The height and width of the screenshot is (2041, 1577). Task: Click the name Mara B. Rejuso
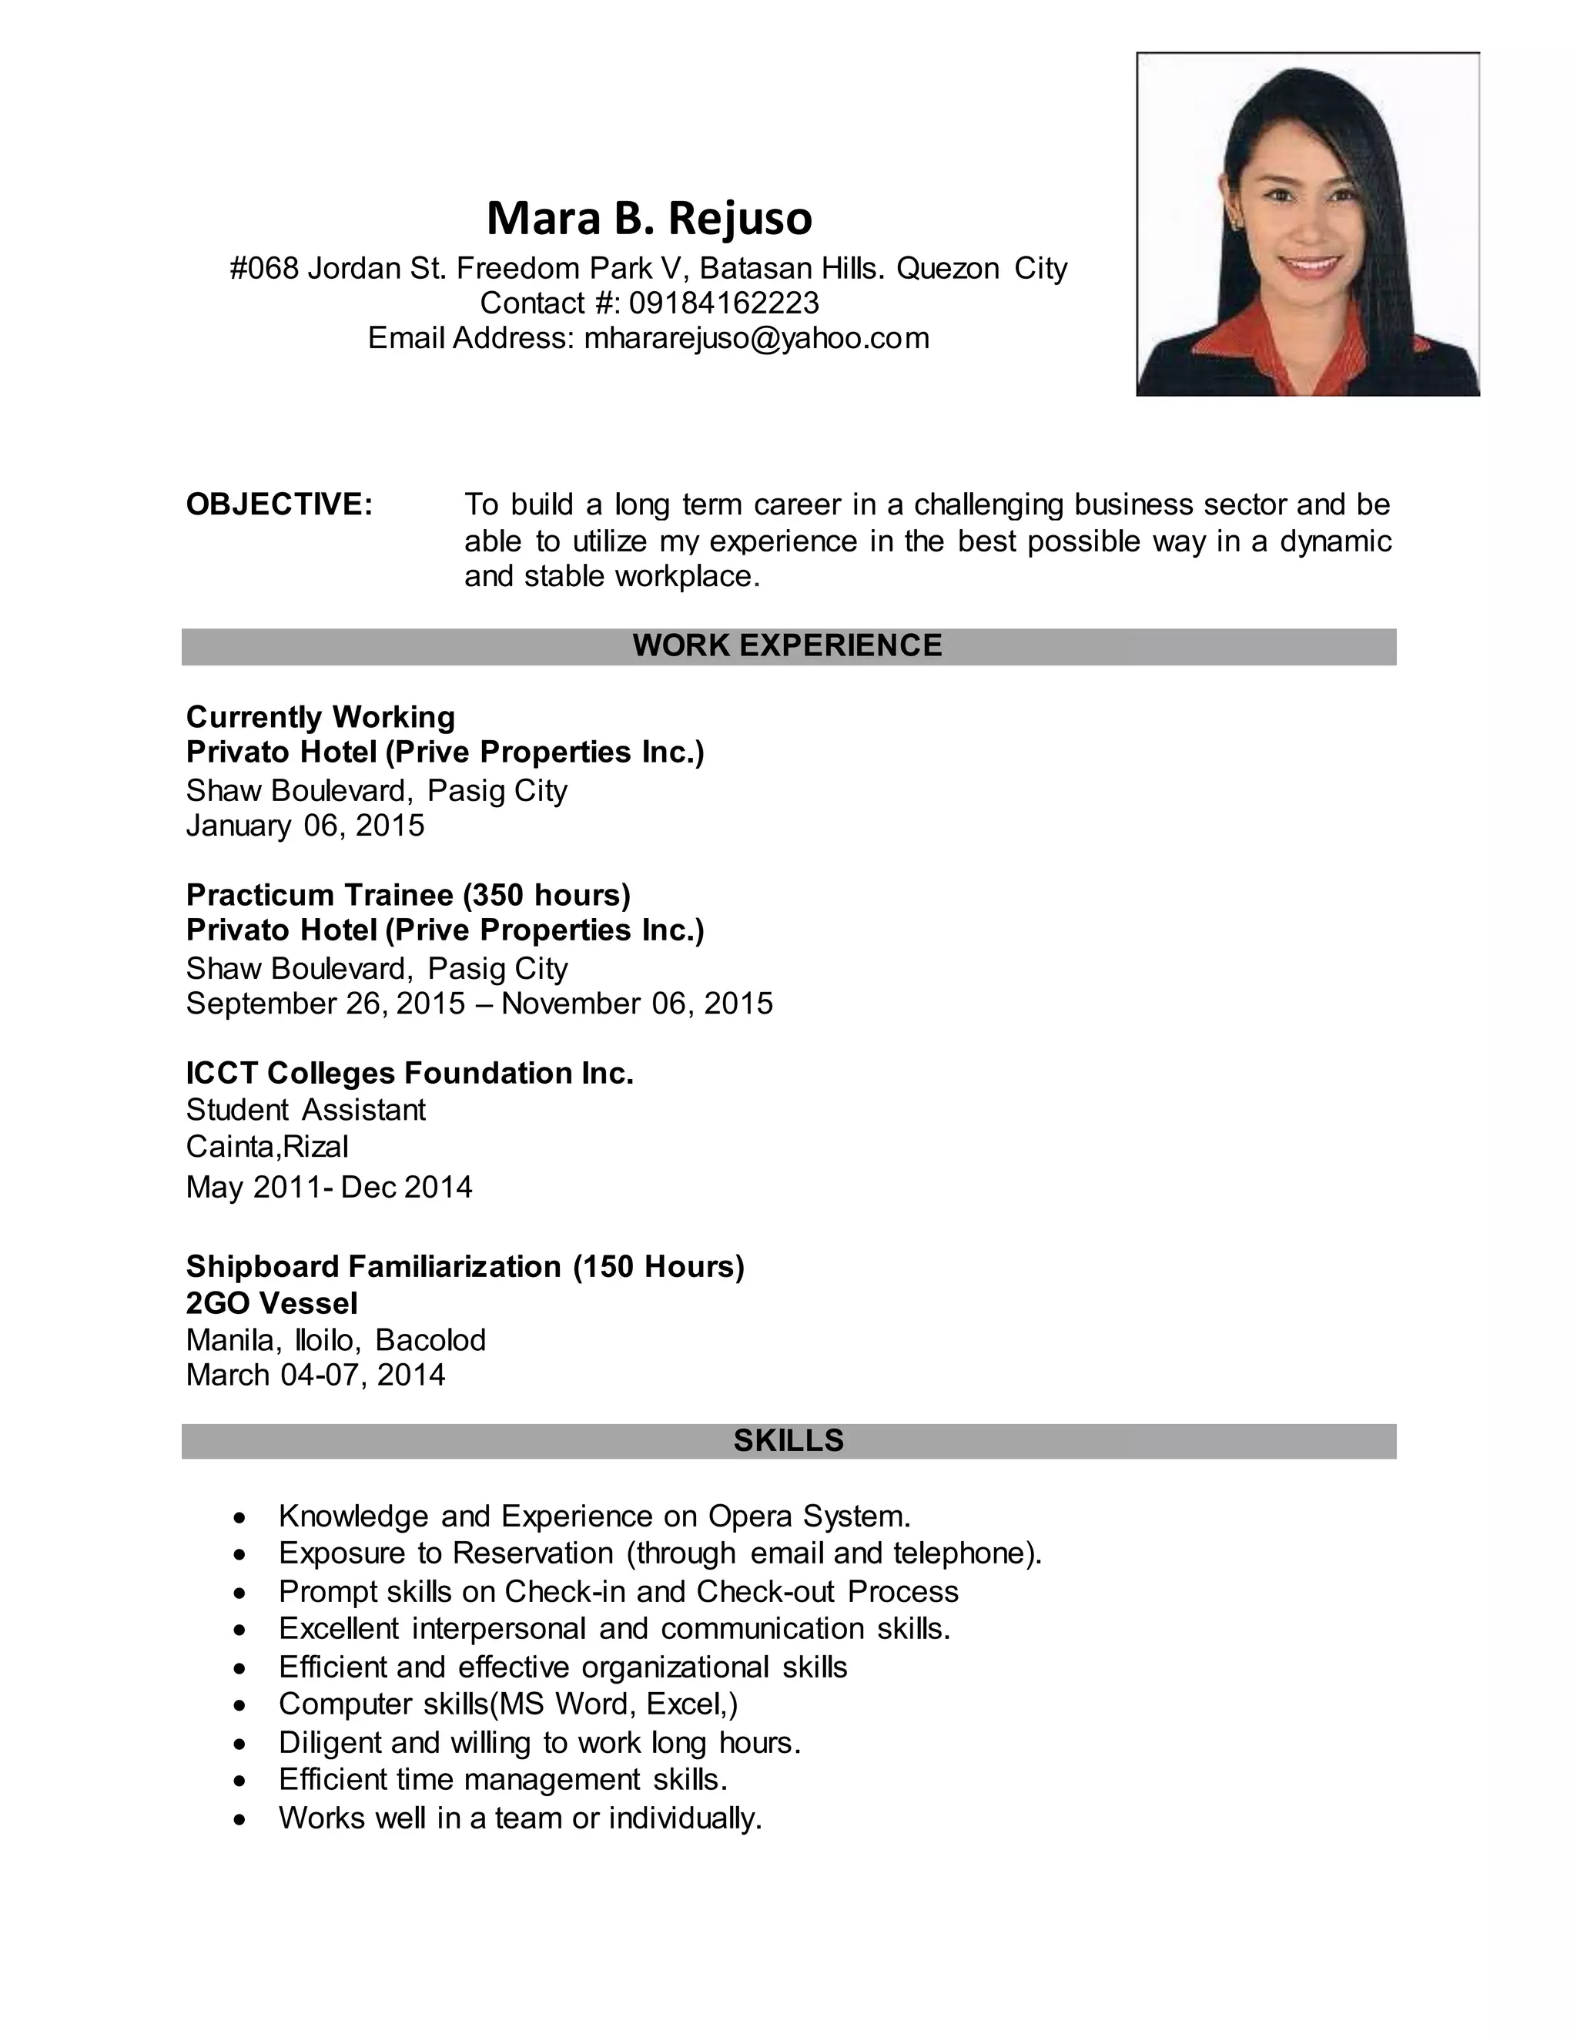pyautogui.click(x=649, y=218)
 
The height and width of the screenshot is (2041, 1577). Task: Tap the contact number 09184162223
pyautogui.click(x=724, y=303)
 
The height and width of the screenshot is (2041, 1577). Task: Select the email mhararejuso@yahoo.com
pyautogui.click(x=757, y=337)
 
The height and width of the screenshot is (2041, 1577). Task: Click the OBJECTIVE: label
pyautogui.click(x=280, y=504)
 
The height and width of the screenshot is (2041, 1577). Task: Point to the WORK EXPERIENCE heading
pyautogui.click(x=788, y=645)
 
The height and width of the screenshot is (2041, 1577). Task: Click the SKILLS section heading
pyautogui.click(x=788, y=1440)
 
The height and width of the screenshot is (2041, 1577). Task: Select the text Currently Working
pyautogui.click(x=320, y=717)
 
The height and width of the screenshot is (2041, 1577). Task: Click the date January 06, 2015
pyautogui.click(x=306, y=825)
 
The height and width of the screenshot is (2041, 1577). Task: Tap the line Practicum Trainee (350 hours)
pyautogui.click(x=408, y=894)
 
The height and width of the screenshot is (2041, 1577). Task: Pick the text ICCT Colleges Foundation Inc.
pyautogui.click(x=409, y=1073)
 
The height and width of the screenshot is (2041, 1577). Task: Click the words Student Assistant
pyautogui.click(x=306, y=1109)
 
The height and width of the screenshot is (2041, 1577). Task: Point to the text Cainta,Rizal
pyautogui.click(x=267, y=1146)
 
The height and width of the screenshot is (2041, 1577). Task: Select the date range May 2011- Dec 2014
pyautogui.click(x=329, y=1187)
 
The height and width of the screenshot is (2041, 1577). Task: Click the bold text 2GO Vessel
pyautogui.click(x=272, y=1302)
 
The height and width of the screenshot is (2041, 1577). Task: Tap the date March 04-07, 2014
pyautogui.click(x=316, y=1375)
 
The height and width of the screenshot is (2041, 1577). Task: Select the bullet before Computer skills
pyautogui.click(x=241, y=1705)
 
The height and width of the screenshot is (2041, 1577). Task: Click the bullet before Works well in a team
pyautogui.click(x=241, y=1818)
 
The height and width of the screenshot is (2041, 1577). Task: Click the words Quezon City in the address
pyautogui.click(x=981, y=268)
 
